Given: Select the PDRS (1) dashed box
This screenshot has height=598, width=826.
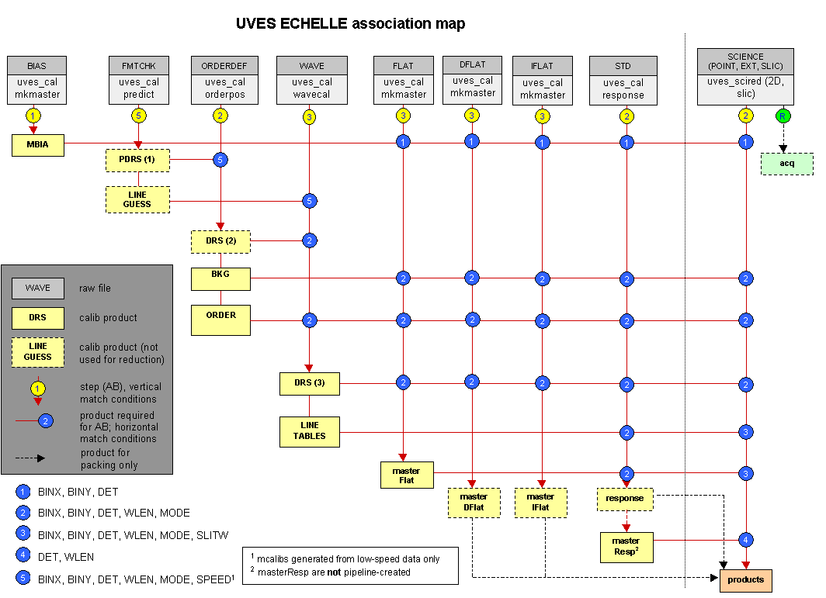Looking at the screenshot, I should tap(137, 161).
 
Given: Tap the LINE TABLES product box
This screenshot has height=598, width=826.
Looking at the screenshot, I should tap(310, 430).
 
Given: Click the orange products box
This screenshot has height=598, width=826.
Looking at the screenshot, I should tap(746, 579).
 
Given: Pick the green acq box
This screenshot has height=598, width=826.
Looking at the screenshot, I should tap(787, 164).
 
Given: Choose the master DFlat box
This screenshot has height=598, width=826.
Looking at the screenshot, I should tap(474, 502).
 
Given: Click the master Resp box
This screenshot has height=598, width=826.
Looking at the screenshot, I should tap(625, 546).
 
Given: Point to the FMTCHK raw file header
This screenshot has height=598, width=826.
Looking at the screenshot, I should tap(139, 65).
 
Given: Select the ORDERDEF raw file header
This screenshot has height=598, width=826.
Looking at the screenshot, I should tap(221, 65).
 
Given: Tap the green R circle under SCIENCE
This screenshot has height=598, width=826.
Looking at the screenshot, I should tap(782, 116).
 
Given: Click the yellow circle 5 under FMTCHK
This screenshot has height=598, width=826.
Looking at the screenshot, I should tap(139, 116).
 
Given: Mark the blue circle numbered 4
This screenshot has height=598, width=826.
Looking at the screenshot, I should tap(746, 539).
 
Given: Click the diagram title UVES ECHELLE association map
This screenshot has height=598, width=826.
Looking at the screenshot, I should tap(350, 23).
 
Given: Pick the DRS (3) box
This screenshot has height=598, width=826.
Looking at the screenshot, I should tap(310, 383).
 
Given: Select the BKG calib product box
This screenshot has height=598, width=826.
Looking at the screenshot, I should tap(221, 278).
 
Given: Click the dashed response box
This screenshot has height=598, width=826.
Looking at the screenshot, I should tap(625, 498).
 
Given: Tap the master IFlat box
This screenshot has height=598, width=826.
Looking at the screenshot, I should tap(541, 502).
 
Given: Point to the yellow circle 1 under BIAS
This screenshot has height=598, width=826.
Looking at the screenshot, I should tap(33, 116).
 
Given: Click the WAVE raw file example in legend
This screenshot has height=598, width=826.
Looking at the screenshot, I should tap(37, 288).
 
